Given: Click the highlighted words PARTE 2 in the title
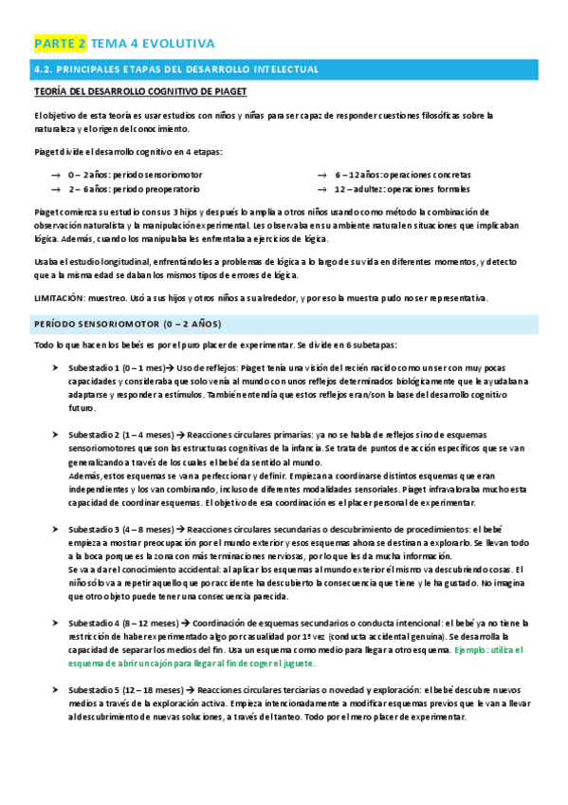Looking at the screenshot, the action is point(61,44).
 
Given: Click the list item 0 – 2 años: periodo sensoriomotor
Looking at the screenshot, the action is point(134,175).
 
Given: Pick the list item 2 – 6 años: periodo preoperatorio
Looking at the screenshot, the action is point(134,189).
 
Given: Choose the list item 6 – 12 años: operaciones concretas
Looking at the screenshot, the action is point(403,175).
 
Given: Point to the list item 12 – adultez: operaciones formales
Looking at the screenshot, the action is point(402,189).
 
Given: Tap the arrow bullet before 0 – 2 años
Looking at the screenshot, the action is point(56,176).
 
